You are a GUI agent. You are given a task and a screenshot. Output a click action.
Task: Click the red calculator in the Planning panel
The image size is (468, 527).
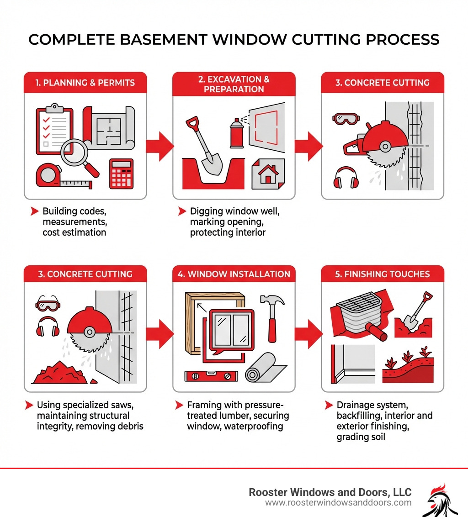121,174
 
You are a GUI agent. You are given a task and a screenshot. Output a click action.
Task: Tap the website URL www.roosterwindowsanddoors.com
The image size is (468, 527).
338,503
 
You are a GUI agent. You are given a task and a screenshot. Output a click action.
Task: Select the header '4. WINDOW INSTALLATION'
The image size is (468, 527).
234,274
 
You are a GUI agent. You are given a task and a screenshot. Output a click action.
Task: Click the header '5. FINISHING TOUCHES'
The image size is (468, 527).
383,274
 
